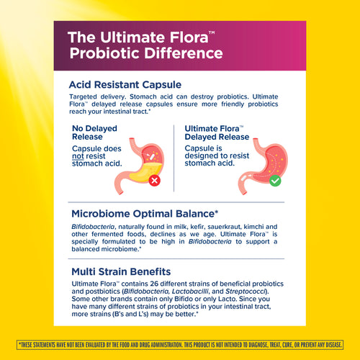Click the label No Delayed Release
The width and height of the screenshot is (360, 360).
94,134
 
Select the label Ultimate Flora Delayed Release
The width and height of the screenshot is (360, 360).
209,133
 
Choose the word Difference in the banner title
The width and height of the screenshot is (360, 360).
186,53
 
